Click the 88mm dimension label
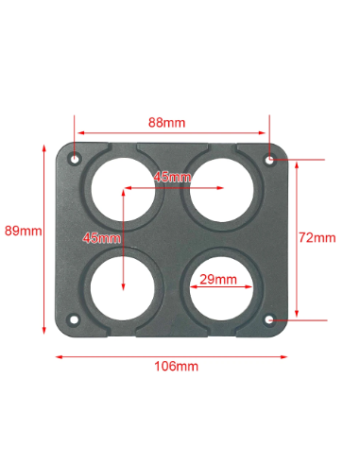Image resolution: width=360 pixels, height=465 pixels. [167, 123]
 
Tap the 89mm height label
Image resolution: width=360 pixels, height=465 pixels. [24, 231]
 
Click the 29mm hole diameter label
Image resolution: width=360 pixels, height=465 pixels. [217, 281]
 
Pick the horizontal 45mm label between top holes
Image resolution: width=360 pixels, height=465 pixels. [172, 177]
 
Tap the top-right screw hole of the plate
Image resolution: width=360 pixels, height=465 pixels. [270, 160]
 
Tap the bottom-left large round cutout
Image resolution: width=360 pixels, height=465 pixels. [124, 286]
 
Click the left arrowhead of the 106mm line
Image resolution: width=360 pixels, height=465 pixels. [57, 356]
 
